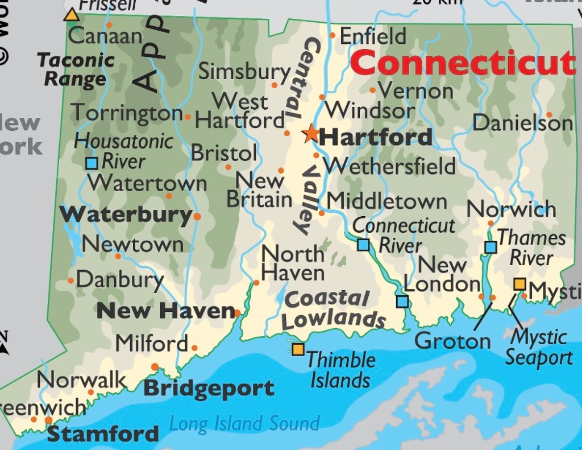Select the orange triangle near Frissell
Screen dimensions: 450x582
point(72,15)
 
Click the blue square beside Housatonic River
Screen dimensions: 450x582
point(92,163)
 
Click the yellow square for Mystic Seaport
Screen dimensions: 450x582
point(519,284)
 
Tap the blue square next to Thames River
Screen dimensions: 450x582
point(490,247)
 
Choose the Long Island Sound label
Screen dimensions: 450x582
point(244,423)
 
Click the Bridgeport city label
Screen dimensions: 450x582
point(209,389)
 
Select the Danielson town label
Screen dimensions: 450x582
point(522,122)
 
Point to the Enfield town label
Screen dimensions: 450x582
point(373,36)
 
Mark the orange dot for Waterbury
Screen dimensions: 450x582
point(197,216)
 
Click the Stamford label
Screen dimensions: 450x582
point(103,434)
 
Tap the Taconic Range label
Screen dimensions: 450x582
point(76,68)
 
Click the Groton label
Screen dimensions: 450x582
point(452,341)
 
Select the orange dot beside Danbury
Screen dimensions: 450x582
point(70,280)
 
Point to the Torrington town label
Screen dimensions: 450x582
point(126,113)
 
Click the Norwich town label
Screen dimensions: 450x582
point(511,209)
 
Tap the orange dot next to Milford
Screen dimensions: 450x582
point(194,348)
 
